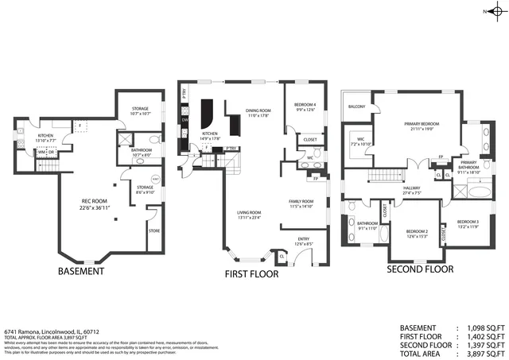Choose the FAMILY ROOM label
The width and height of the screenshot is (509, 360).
(x=301, y=202)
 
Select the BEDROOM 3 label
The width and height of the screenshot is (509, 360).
(x=467, y=222)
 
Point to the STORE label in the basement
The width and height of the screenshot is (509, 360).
(x=153, y=231)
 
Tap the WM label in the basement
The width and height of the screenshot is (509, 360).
(x=41, y=153)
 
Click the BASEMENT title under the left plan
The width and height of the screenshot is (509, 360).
(x=81, y=271)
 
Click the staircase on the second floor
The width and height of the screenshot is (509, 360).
(x=385, y=175)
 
